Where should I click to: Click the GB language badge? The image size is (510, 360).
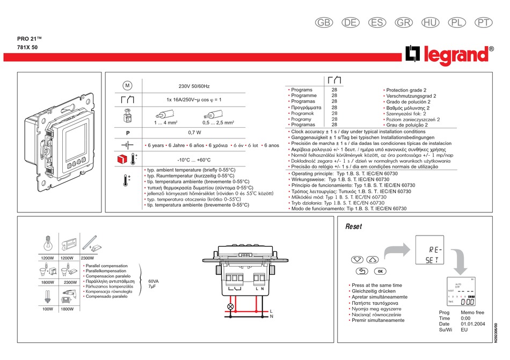(x=323, y=23)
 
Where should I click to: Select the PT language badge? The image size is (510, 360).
(x=484, y=23)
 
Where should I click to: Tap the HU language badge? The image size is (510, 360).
(x=431, y=23)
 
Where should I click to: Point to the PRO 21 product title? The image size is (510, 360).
(x=30, y=38)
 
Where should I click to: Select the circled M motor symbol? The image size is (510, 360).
(x=127, y=85)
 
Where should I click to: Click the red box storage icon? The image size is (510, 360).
(x=121, y=159)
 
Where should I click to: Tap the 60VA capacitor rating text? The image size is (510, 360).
(x=154, y=281)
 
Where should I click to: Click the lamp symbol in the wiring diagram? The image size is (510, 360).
(x=231, y=306)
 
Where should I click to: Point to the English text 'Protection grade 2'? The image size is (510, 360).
(x=406, y=90)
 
